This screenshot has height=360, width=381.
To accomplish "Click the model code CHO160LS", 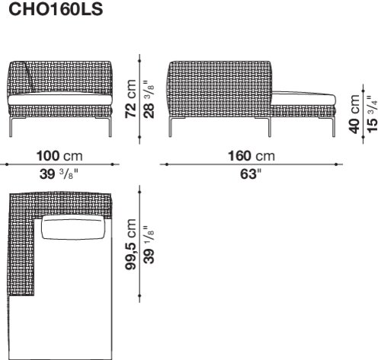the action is pos(56,9).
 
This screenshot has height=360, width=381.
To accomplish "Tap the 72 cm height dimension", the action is pos(131,99).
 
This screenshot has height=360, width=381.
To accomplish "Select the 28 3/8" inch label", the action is pos(149,99).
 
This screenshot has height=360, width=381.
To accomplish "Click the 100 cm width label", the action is pos(59,156).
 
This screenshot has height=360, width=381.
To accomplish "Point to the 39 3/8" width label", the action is pos(59,174).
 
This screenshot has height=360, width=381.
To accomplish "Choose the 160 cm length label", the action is pos(251,156).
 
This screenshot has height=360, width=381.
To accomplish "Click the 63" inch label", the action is pos(251,174).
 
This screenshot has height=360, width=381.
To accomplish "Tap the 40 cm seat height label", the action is pos(354,114).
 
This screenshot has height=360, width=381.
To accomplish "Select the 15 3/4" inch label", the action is pos(373,114).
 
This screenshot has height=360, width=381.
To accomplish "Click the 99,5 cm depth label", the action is pos(131,244).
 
